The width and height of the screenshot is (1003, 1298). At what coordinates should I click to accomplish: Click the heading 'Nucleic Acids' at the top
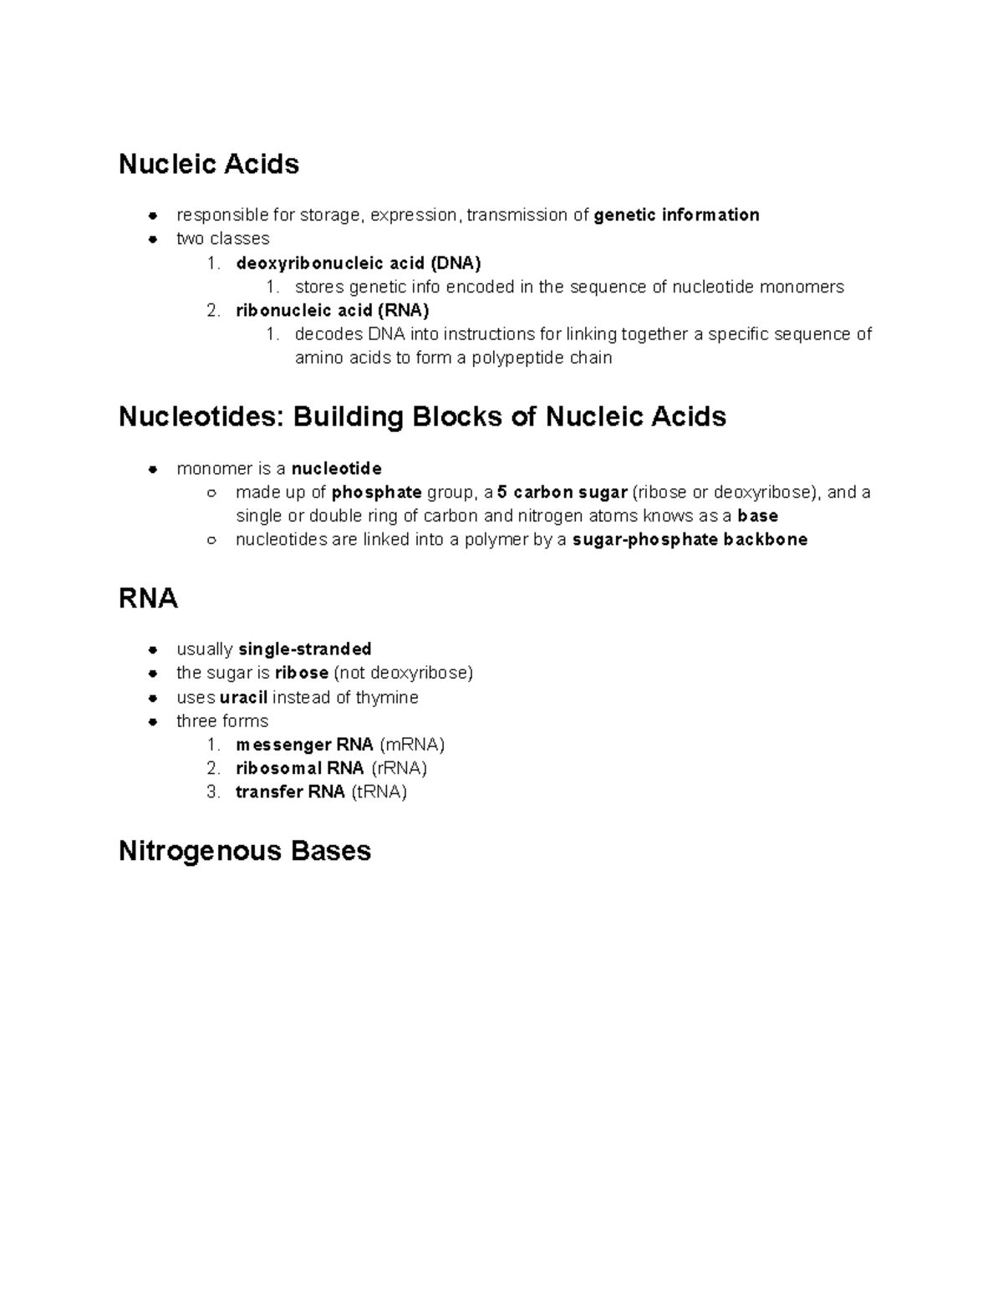208,164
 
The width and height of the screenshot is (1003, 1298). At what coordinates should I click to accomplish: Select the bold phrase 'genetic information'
676,215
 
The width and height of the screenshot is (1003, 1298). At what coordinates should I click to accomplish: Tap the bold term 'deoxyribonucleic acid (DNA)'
358,263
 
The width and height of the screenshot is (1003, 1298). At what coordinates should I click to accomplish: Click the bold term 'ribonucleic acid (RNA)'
332,310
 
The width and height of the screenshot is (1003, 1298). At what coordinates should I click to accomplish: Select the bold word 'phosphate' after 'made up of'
376,492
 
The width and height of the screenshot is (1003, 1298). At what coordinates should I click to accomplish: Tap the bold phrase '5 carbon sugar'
562,492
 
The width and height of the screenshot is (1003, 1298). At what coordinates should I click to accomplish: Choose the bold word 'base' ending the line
757,516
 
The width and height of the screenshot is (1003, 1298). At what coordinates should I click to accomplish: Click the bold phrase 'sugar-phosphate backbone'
690,539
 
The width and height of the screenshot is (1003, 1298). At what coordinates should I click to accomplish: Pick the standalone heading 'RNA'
148,598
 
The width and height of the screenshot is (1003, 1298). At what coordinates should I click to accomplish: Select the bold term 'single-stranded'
305,649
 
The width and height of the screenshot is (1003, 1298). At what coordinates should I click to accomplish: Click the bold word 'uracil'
243,697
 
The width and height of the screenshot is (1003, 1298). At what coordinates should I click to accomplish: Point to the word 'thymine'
386,697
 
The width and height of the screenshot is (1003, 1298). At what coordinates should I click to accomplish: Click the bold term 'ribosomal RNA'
299,767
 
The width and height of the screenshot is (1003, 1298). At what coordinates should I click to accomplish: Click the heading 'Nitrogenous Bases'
244,851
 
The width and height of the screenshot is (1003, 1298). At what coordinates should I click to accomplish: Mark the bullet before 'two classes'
153,239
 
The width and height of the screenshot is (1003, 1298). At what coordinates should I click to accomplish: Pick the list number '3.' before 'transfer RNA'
213,792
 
